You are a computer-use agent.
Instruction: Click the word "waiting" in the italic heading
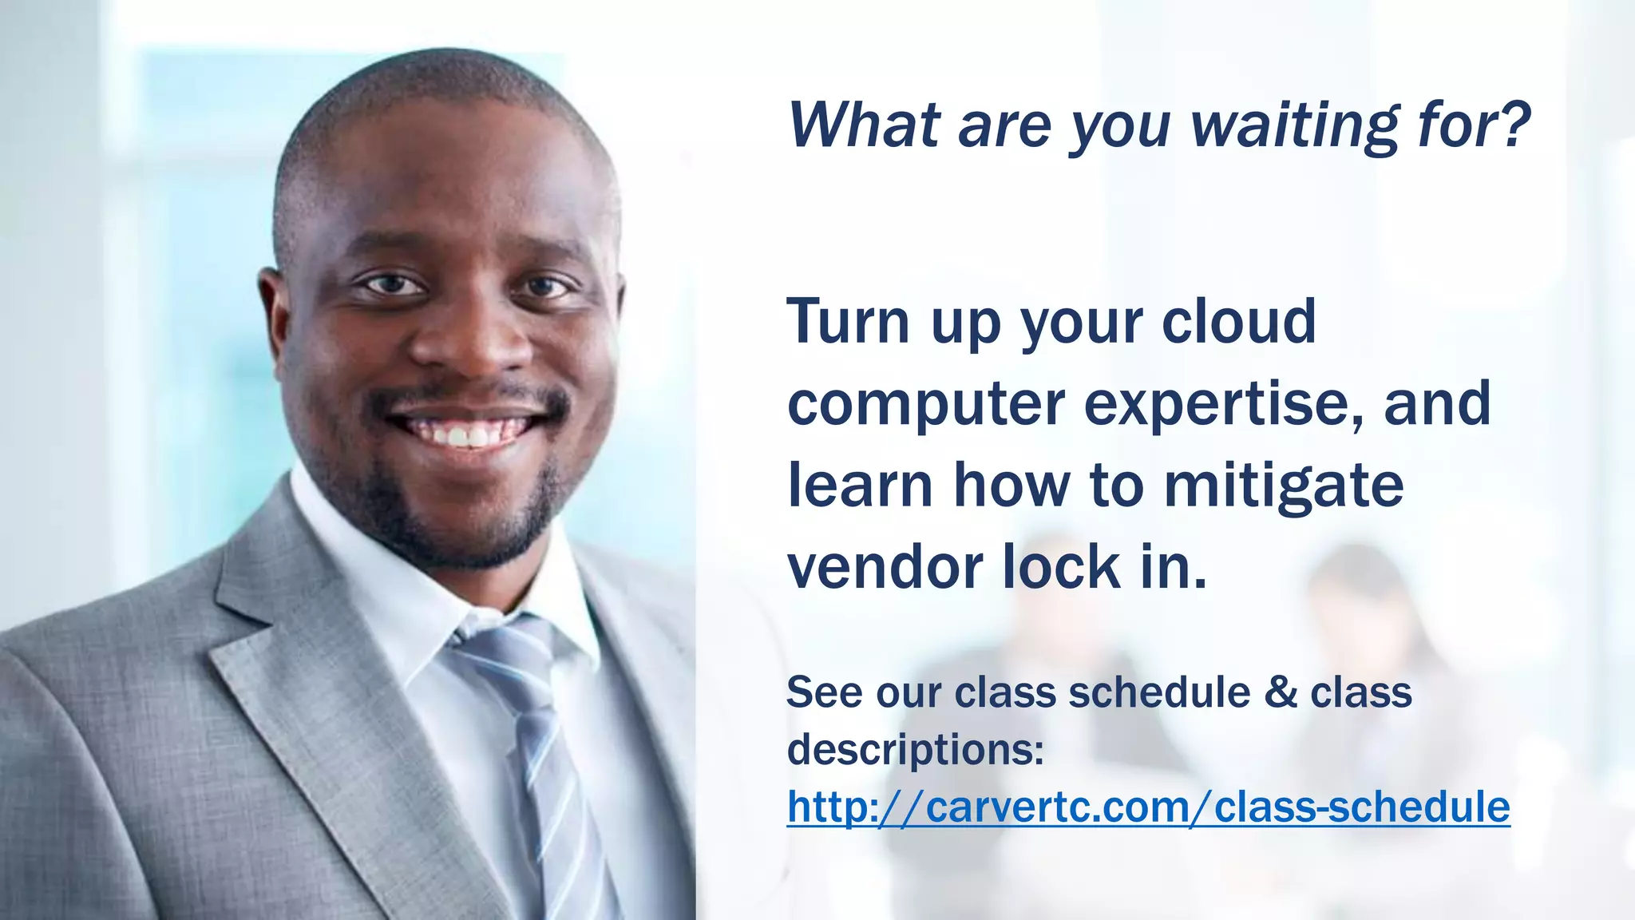tap(1295, 126)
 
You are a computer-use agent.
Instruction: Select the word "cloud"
tap(1238, 321)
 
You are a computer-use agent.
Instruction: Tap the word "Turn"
tap(849, 321)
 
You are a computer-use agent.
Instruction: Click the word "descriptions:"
tap(916, 749)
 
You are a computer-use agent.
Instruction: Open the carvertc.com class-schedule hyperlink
tap(1148, 807)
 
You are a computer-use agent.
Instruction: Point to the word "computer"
tap(926, 404)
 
